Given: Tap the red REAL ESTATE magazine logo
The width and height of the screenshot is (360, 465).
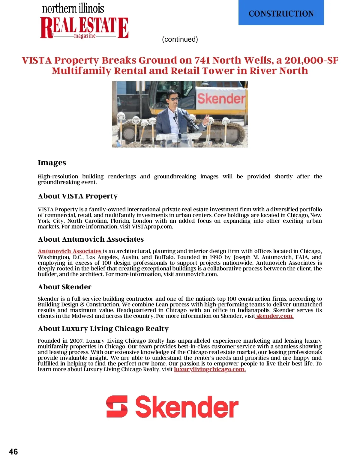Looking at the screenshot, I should tap(84, 28).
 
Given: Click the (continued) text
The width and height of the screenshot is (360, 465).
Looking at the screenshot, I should tap(180, 39).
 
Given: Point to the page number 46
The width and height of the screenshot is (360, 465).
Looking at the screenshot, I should tap(13, 452).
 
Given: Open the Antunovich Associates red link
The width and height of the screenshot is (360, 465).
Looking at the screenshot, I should tap(70, 251).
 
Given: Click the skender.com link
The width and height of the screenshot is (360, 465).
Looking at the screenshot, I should tap(274, 316).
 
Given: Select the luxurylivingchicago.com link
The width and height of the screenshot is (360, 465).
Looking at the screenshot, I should tap(210, 369).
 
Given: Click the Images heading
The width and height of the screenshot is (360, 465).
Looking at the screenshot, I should tap(52, 163).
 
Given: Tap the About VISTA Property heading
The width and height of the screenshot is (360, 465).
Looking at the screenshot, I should tap(78, 196).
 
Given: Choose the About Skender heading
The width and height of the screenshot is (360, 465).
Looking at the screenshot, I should tap(64, 287).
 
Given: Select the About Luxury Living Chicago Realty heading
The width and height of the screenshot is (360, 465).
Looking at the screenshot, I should tap(103, 329).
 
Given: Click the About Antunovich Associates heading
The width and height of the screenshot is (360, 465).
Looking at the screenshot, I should tap(91, 239).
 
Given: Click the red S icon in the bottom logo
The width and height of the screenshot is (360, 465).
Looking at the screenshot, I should tap(117, 407).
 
